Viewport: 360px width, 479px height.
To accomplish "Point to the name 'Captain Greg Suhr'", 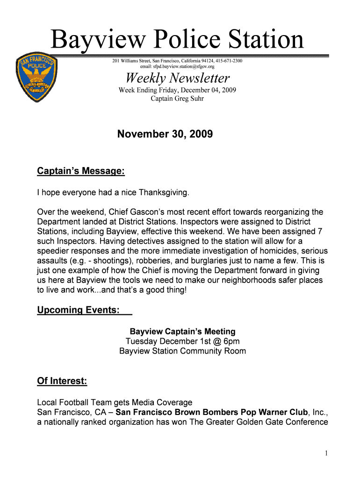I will [177, 98].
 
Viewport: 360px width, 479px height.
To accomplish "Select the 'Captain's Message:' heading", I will [80, 172].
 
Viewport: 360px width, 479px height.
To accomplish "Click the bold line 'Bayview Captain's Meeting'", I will [182, 332].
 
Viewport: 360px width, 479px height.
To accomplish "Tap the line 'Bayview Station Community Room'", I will [182, 351].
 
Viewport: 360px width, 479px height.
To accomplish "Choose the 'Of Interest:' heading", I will [62, 382].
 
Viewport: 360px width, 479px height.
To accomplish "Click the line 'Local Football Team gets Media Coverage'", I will [115, 402].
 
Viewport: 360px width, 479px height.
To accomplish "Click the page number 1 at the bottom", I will [324, 453].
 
